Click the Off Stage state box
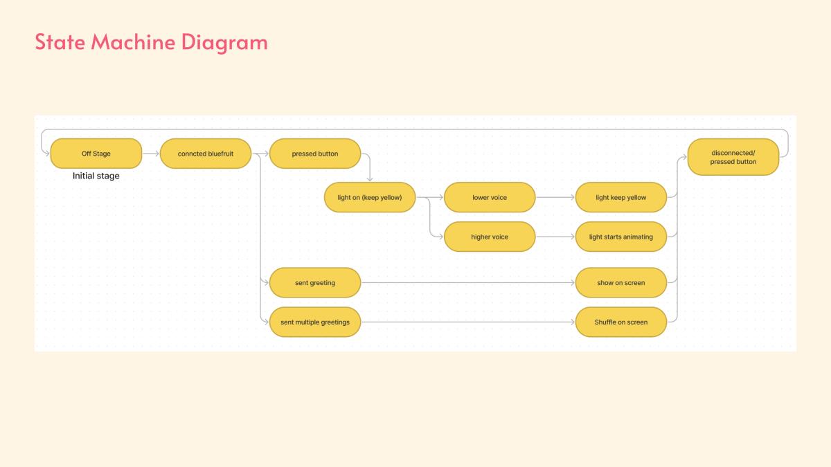click(x=96, y=154)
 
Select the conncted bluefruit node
click(x=206, y=154)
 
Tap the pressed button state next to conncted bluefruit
click(x=315, y=154)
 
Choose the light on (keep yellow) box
click(x=370, y=197)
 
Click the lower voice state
click(x=490, y=197)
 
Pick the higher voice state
click(x=490, y=237)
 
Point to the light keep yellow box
click(x=621, y=197)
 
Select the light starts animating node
click(x=621, y=237)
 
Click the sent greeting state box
click(x=315, y=282)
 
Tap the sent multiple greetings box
click(x=315, y=322)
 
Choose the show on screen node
click(x=621, y=282)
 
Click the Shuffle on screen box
click(x=621, y=322)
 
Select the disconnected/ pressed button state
click(x=733, y=157)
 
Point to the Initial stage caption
click(x=96, y=176)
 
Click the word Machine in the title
click(x=133, y=42)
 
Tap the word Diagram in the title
click(x=224, y=43)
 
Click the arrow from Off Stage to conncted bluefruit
click(x=151, y=154)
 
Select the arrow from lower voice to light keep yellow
click(x=555, y=197)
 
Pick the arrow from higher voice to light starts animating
click(x=555, y=237)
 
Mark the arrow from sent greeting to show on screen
click(x=468, y=282)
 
